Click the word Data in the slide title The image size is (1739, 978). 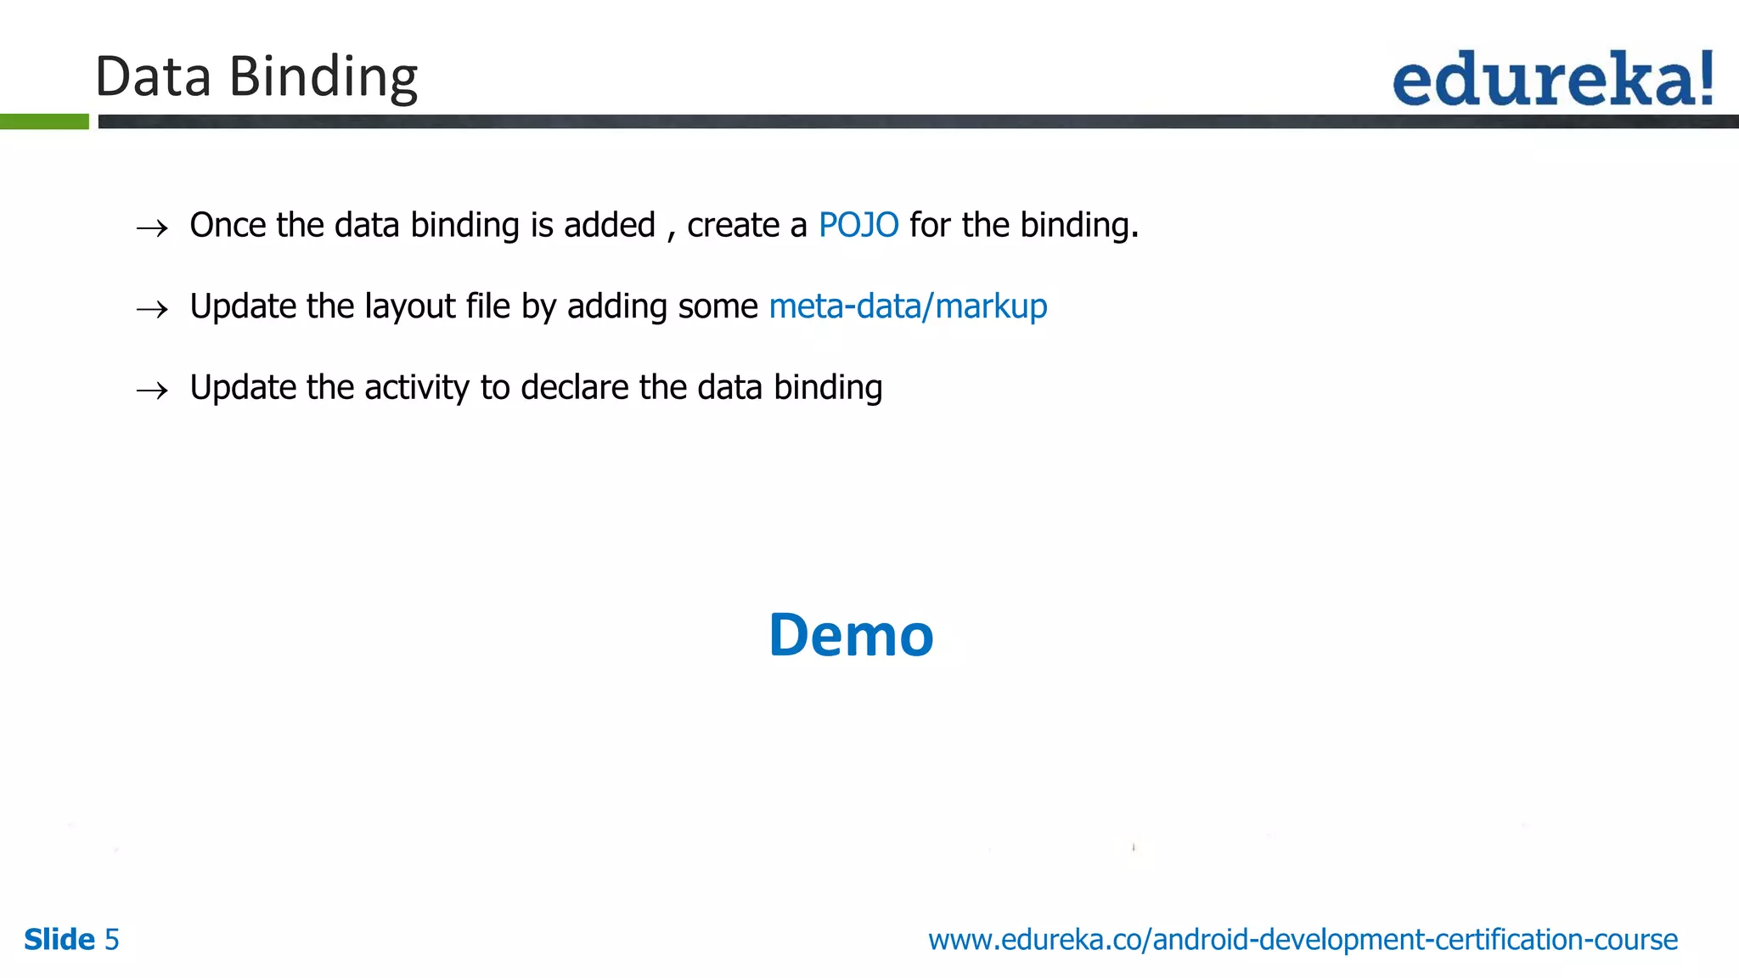click(153, 76)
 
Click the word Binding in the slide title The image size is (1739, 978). click(324, 78)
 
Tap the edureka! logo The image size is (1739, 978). click(1553, 79)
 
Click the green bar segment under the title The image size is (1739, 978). click(44, 121)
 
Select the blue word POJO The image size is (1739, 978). click(858, 225)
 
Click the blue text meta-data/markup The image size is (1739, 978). click(908, 306)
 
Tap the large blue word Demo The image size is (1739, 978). click(851, 635)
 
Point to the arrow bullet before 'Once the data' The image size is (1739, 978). click(153, 228)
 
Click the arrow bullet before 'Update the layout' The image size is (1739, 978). click(153, 309)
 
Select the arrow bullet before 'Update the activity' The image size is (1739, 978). click(153, 391)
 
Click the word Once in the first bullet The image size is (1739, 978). click(228, 225)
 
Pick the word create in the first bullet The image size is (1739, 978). click(733, 225)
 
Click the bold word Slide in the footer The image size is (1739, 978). click(59, 940)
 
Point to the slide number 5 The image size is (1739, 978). click(111, 940)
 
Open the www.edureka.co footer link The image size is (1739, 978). click(1303, 940)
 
